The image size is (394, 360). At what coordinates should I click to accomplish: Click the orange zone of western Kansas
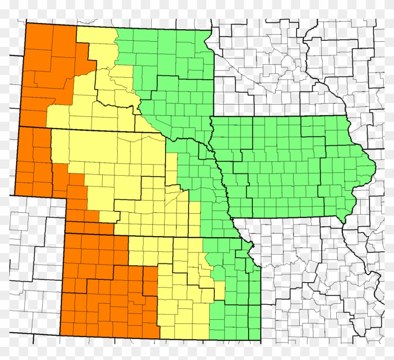103,291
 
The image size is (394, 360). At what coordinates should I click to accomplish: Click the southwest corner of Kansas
61,335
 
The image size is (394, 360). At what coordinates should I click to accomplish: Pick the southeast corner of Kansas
261,340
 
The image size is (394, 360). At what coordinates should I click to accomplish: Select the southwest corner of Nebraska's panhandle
15,194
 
